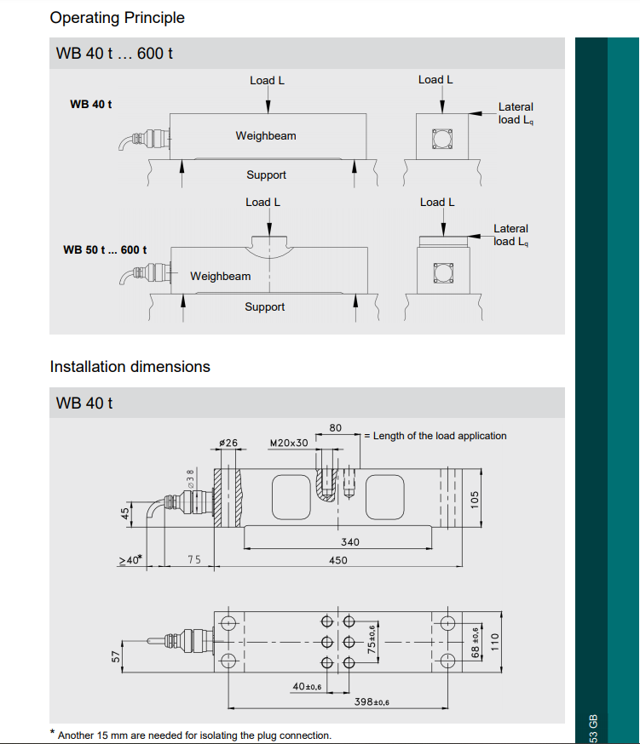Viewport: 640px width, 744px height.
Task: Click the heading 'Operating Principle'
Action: click(x=117, y=17)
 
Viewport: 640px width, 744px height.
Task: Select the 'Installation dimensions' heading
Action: click(x=130, y=367)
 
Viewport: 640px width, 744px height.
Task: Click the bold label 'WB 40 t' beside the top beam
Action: click(x=90, y=104)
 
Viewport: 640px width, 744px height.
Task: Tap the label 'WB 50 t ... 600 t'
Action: click(x=105, y=250)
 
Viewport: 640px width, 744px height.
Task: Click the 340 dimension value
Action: click(x=349, y=541)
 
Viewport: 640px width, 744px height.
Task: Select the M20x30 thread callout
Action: click(x=289, y=444)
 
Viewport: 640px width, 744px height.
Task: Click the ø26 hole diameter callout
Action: click(x=228, y=444)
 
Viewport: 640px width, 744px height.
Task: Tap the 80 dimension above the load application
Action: click(x=335, y=427)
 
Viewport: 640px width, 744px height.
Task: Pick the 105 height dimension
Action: click(x=476, y=496)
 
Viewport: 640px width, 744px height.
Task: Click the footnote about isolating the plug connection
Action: click(x=194, y=735)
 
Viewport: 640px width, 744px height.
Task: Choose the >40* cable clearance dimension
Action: click(x=130, y=560)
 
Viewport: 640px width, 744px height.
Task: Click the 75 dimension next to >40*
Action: click(x=194, y=560)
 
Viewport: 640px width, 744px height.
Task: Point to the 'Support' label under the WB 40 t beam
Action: click(x=266, y=175)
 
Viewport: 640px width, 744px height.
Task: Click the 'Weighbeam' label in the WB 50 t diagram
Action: click(x=221, y=277)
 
